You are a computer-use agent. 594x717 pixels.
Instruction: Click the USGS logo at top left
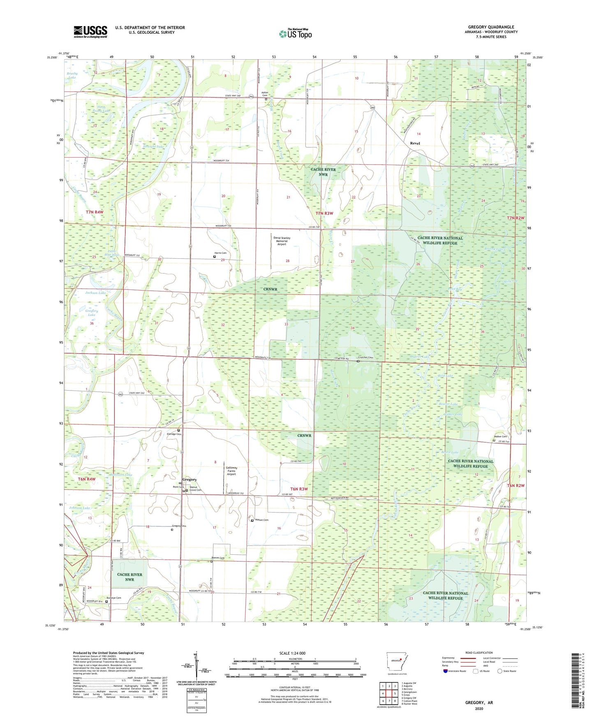(x=90, y=32)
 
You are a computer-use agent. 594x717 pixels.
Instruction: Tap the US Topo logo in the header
(x=295, y=34)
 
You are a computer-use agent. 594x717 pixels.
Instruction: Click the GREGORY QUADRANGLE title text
(x=491, y=27)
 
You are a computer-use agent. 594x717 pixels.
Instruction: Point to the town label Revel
(x=415, y=143)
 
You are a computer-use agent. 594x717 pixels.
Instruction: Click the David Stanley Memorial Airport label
(x=282, y=241)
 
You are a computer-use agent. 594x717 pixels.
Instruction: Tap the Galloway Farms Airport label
(x=231, y=471)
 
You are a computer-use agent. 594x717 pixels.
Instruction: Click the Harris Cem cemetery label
(x=220, y=253)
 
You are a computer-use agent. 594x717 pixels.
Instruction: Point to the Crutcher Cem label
(x=367, y=358)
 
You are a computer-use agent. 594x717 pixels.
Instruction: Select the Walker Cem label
(x=500, y=436)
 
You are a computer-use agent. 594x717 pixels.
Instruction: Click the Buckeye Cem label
(x=114, y=598)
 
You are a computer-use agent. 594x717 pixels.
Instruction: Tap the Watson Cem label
(x=261, y=520)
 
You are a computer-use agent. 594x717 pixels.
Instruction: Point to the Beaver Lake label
(x=448, y=404)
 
